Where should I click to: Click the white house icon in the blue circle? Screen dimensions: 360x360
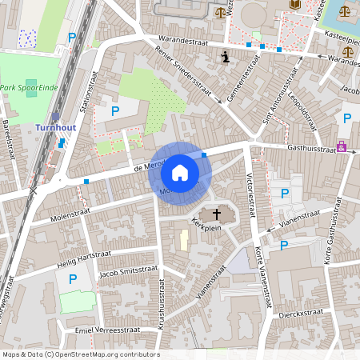point(179,172)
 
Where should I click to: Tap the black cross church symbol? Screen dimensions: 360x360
point(216,214)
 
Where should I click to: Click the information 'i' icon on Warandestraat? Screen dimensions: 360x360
point(226,57)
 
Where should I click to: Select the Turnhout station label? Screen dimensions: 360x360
point(56,127)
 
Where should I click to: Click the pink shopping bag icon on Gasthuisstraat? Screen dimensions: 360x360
point(342,146)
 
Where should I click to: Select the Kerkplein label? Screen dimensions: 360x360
point(206,226)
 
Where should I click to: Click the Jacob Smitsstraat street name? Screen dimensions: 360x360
point(123,274)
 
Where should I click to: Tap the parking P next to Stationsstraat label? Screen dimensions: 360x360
point(114,111)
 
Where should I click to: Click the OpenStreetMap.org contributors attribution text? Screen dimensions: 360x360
point(106,354)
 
